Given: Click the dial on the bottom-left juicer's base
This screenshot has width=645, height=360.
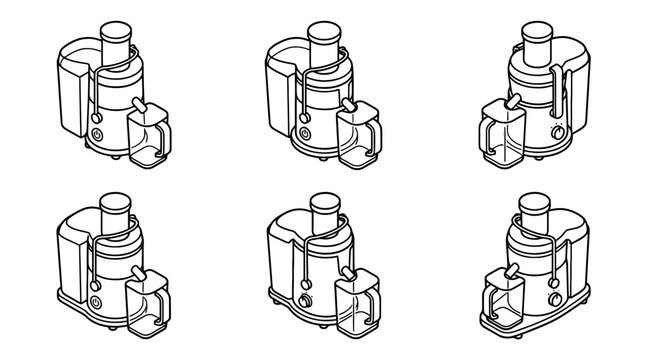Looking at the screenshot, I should point(95,301).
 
